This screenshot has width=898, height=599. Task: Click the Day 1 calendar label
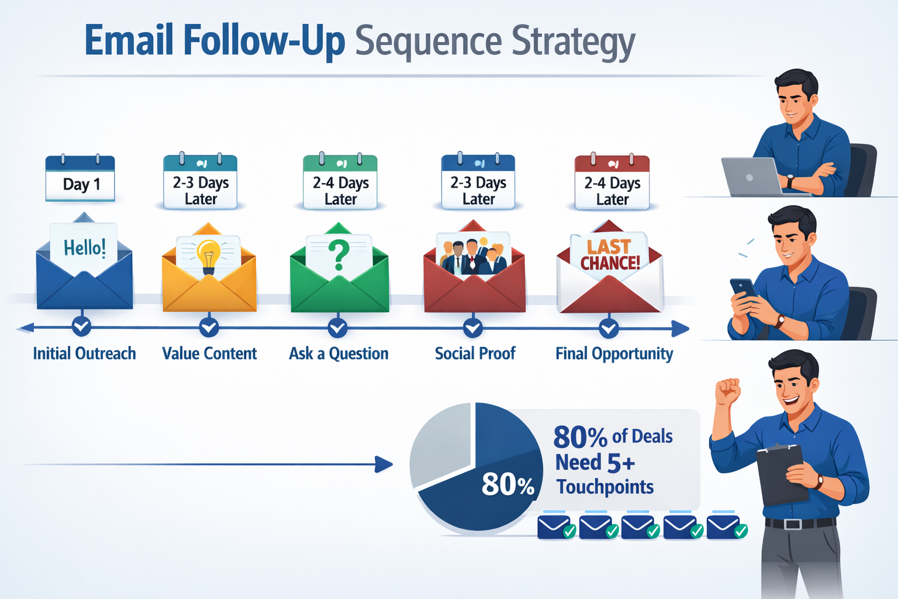(81, 184)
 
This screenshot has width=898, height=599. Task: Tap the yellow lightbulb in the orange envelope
(208, 256)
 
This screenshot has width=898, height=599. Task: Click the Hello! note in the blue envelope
(85, 248)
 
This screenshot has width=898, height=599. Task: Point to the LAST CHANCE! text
(610, 255)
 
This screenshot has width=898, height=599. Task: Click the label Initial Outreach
(84, 353)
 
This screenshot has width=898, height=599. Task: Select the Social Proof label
(475, 353)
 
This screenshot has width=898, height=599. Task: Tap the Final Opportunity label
(614, 353)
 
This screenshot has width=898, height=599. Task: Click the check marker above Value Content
(209, 326)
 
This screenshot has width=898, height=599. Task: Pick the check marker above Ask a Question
(337, 327)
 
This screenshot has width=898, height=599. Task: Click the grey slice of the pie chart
(440, 445)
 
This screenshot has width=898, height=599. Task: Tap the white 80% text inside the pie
(507, 484)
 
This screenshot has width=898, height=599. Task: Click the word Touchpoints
(605, 487)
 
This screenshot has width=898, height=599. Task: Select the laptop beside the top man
(751, 176)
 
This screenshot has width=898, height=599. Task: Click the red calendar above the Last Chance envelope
(612, 183)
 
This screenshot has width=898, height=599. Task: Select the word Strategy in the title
(573, 42)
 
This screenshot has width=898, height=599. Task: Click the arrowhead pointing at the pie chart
(384, 464)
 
